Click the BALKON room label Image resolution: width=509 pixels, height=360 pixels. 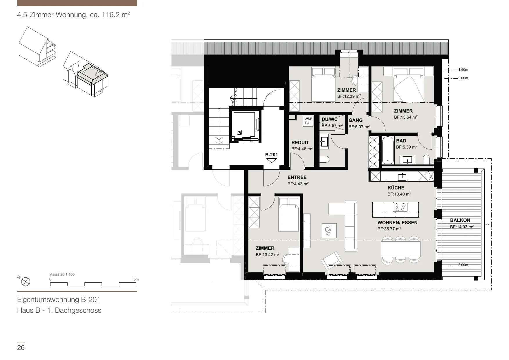(x=460, y=220)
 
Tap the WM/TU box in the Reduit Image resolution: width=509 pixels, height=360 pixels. (x=307, y=121)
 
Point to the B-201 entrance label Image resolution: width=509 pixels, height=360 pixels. (x=271, y=155)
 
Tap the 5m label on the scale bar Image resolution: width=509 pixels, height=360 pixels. (x=136, y=279)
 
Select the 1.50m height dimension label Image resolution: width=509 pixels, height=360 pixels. (x=463, y=70)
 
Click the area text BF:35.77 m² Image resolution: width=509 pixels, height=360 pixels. (x=389, y=229)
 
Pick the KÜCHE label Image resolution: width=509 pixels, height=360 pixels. (x=396, y=188)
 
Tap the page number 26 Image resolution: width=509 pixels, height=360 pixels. (x=21, y=348)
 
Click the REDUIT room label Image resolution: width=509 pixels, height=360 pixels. (x=300, y=143)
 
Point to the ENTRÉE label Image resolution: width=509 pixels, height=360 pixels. (x=297, y=178)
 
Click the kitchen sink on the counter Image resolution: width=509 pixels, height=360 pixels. (x=402, y=176)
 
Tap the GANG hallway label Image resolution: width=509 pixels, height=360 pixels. (x=355, y=120)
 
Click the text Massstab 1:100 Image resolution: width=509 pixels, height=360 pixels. (x=62, y=274)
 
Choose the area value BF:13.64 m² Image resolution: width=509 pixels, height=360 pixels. (x=406, y=117)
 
